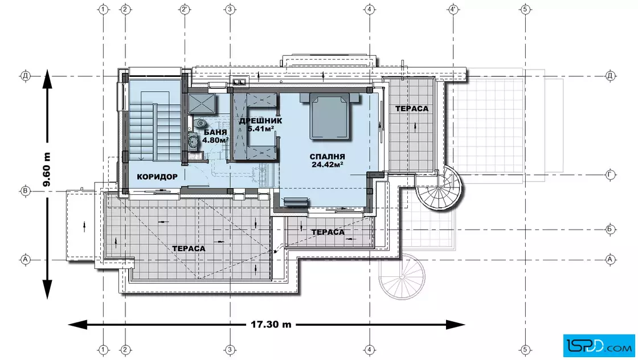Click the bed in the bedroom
tap(330, 116)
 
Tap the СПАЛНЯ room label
tap(327, 157)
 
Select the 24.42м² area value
tap(327, 165)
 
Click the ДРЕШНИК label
tap(260, 121)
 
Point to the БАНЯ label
tap(215, 132)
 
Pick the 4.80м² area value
tap(215, 140)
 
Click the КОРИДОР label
tap(157, 177)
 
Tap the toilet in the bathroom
tap(200, 123)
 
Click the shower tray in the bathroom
tap(202, 103)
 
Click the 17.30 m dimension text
tap(271, 324)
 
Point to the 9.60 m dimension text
tap(47, 169)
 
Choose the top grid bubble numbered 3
tap(230, 9)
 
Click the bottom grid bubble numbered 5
tap(525, 349)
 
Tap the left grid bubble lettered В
tap(26, 191)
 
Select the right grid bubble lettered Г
tap(610, 175)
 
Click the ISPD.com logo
tap(599, 346)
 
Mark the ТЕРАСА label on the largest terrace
tap(189, 248)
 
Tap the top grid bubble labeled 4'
tap(453, 9)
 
